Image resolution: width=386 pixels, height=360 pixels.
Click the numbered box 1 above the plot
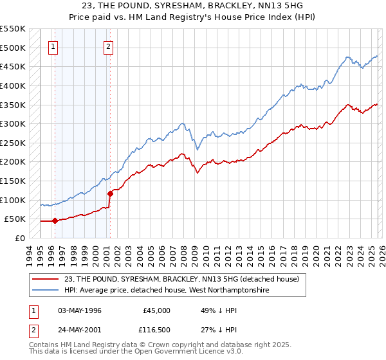(53, 46)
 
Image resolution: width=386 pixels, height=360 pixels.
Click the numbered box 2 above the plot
(108, 46)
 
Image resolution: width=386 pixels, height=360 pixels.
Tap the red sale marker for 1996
(55, 221)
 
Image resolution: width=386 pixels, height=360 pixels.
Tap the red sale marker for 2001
(110, 193)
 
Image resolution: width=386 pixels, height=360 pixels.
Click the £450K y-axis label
(13, 66)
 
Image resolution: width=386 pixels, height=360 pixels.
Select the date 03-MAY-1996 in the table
(78, 310)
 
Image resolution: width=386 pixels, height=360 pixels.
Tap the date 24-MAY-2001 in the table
(78, 331)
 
